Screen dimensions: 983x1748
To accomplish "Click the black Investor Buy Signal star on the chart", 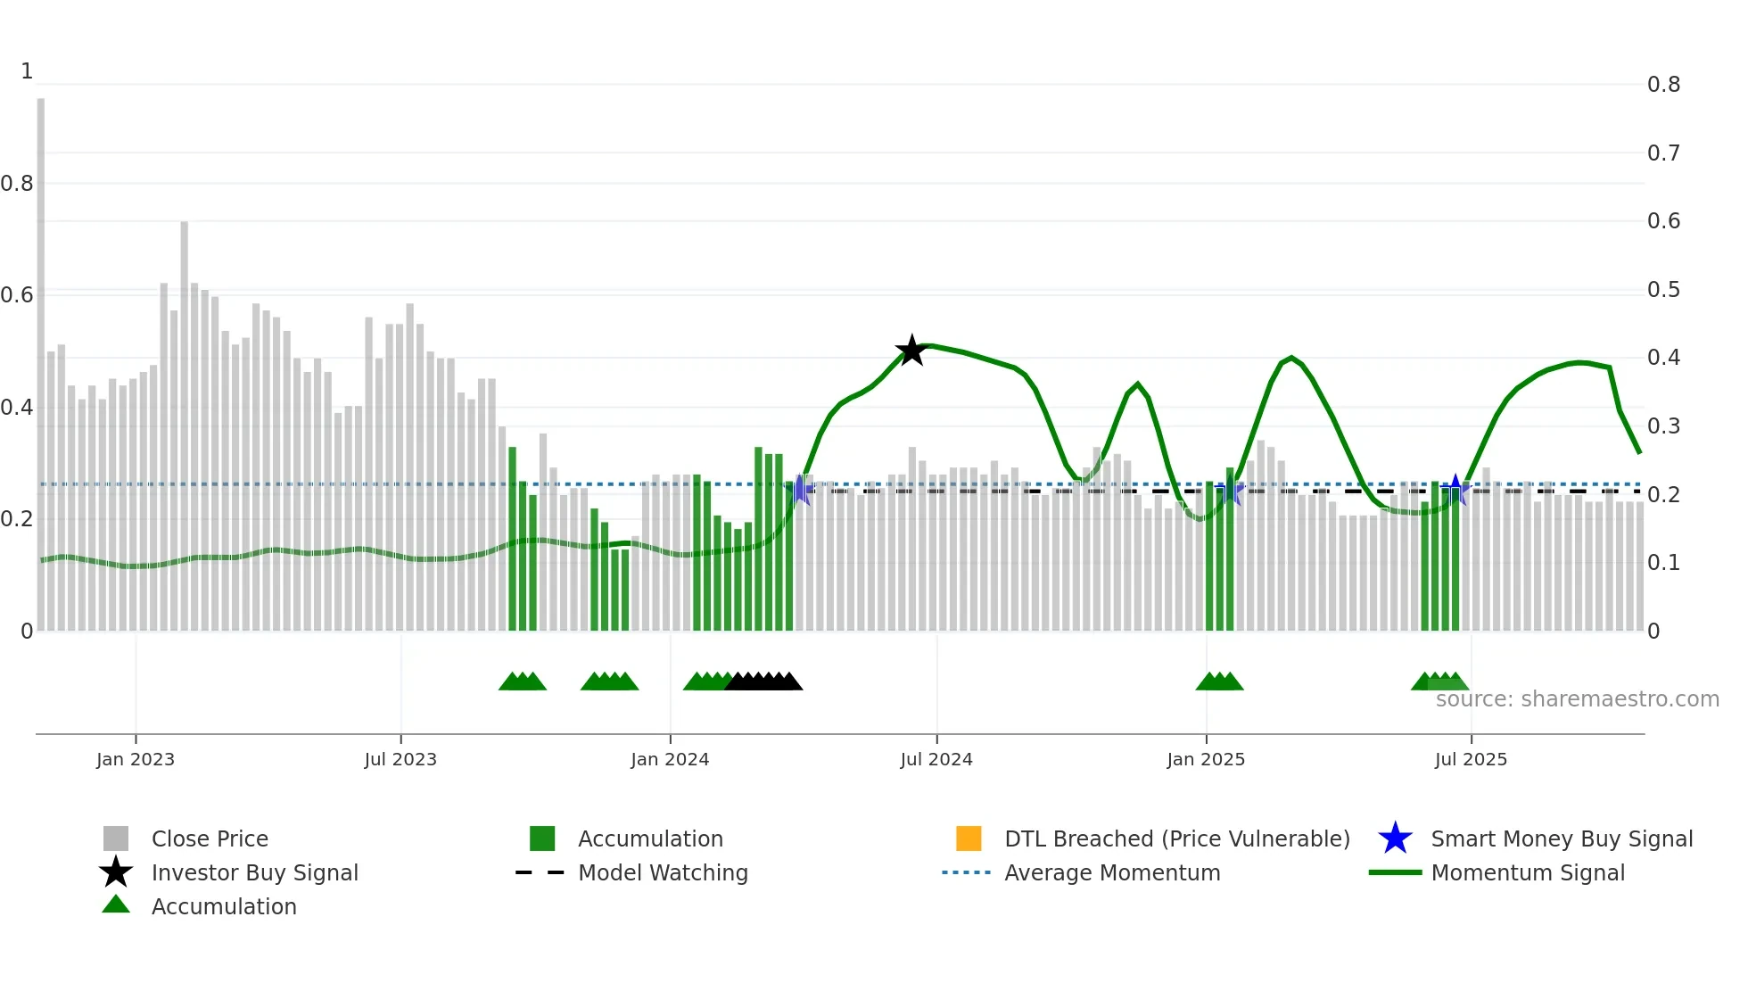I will tap(911, 351).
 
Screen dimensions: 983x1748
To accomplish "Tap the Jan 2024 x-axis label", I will tap(670, 759).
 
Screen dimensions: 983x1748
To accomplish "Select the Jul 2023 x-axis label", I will tap(400, 759).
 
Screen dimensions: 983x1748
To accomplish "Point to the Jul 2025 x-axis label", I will tap(1471, 759).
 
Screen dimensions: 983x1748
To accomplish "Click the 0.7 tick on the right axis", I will tap(1663, 153).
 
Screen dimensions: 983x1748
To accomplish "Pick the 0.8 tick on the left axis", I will tap(17, 184).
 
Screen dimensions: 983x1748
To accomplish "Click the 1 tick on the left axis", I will tap(27, 71).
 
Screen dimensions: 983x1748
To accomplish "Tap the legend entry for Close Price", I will tap(210, 838).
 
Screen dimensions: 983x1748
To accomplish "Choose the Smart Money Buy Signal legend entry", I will tap(1561, 838).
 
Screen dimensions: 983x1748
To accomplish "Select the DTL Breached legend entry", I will tap(1176, 838).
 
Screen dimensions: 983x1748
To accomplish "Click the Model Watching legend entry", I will tap(663, 872).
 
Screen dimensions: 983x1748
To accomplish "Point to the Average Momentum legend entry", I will tap(1111, 872).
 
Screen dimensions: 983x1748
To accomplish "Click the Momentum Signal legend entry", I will tap(1527, 872).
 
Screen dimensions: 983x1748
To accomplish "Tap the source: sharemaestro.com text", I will tap(1577, 699).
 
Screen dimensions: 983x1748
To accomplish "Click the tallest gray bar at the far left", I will tap(41, 357).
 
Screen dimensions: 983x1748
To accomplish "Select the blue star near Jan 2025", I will tap(1230, 490).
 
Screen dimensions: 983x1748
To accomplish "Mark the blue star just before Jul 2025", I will tap(1455, 490).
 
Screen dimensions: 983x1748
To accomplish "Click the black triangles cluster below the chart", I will tap(763, 681).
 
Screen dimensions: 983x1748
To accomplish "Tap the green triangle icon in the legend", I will tap(116, 905).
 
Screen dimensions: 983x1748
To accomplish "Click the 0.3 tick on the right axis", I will tap(1663, 426).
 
